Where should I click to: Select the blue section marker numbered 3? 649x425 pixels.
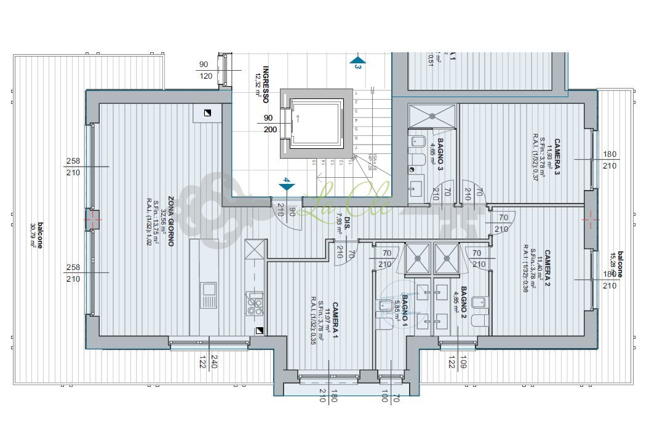357,62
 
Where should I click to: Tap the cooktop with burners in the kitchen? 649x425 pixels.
255,303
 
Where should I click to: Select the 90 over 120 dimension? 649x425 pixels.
205,70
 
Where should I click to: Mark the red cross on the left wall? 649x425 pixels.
94,218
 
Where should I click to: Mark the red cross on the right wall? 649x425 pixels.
590,216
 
